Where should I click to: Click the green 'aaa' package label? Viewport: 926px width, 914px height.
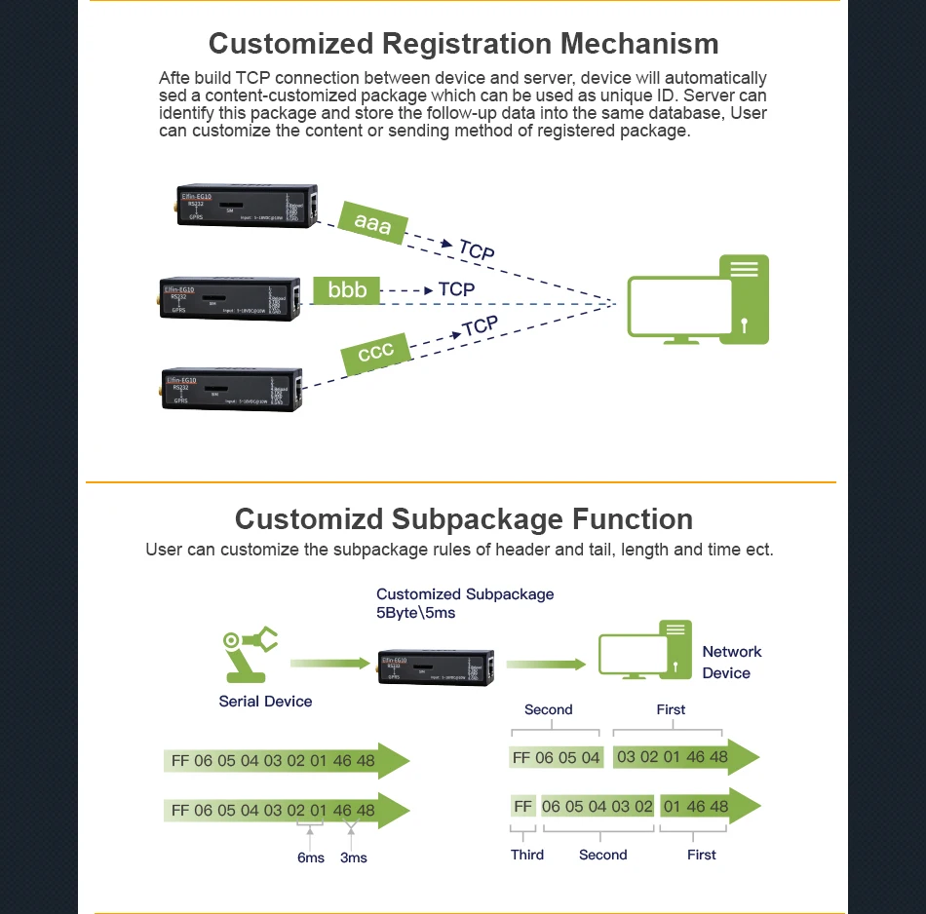pyautogui.click(x=372, y=223)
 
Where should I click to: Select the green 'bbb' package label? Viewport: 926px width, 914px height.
pyautogui.click(x=347, y=290)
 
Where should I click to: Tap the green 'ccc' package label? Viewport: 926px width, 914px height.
pyautogui.click(x=375, y=353)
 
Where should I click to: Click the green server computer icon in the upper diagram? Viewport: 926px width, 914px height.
pyautogui.click(x=697, y=300)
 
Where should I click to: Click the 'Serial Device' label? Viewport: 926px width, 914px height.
pyautogui.click(x=265, y=702)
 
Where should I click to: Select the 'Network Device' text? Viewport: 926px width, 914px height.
pyautogui.click(x=731, y=663)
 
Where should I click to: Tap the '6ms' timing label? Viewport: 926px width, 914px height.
pyautogui.click(x=311, y=857)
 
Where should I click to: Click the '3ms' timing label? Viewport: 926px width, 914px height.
pyautogui.click(x=354, y=857)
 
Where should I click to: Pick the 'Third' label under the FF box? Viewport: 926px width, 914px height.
pyautogui.click(x=526, y=856)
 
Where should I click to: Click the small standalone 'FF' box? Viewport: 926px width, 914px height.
pyautogui.click(x=523, y=807)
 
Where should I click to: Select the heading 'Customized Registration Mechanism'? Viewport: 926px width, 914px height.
pyautogui.click(x=463, y=44)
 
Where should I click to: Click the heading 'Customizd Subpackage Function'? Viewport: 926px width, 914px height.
pyautogui.click(x=463, y=518)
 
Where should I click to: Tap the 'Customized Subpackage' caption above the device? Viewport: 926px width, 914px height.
pyautogui.click(x=465, y=594)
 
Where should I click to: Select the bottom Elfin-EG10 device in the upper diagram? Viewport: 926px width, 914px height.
pyautogui.click(x=232, y=389)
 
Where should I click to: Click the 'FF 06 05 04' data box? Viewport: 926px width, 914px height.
pyautogui.click(x=556, y=758)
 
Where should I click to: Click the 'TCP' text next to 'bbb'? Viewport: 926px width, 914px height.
pyautogui.click(x=456, y=289)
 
